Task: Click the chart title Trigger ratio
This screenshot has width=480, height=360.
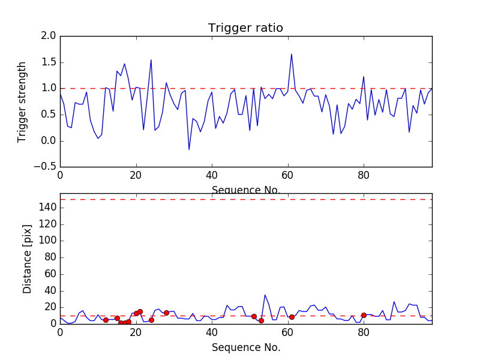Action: [x=245, y=28]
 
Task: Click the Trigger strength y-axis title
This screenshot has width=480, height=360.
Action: [x=22, y=101]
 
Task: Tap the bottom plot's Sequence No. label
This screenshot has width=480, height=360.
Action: [x=246, y=347]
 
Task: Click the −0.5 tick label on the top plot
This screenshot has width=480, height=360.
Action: [x=44, y=167]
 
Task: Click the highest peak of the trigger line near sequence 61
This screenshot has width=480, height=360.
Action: [x=292, y=54]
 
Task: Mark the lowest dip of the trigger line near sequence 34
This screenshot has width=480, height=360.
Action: [x=189, y=149]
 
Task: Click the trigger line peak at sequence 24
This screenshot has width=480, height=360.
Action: [x=151, y=60]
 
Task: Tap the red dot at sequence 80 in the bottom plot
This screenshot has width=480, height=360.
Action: [x=364, y=315]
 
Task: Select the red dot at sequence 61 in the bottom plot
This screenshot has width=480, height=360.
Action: [x=292, y=317]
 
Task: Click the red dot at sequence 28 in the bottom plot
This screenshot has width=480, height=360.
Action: [x=166, y=313]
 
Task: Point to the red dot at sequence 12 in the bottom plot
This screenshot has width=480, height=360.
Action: [x=106, y=320]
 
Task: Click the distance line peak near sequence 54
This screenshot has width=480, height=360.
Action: [x=265, y=295]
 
